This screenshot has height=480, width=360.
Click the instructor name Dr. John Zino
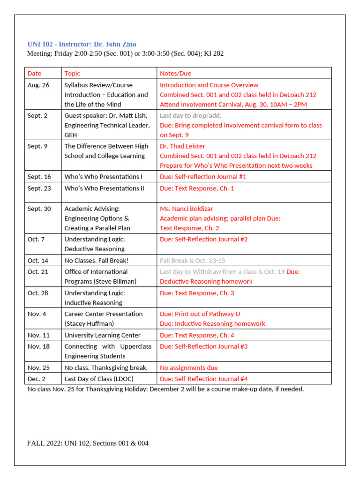pyautogui.click(x=115, y=44)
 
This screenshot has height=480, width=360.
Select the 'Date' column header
pyautogui.click(x=34, y=73)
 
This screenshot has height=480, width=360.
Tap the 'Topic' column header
pyautogui.click(x=72, y=73)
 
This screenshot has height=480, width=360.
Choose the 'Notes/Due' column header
pyautogui.click(x=175, y=73)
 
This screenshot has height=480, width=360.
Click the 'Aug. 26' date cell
pyautogui.click(x=38, y=85)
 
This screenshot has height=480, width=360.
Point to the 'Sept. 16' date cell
pyautogui.click(x=39, y=177)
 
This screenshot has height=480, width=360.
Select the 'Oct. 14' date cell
pyautogui.click(x=38, y=261)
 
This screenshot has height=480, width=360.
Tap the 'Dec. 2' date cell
pyautogui.click(x=37, y=379)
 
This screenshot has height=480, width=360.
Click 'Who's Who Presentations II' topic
pyautogui.click(x=105, y=188)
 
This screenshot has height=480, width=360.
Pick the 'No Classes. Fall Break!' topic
pyautogui.click(x=96, y=261)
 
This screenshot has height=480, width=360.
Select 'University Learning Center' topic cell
pyautogui.click(x=102, y=335)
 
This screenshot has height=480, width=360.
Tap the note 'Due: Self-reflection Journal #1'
pyautogui.click(x=203, y=177)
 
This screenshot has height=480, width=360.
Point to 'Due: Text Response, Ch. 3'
pyautogui.click(x=197, y=293)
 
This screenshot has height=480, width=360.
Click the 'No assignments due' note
pyautogui.click(x=189, y=367)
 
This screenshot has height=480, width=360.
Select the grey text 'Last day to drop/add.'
pyautogui.click(x=191, y=115)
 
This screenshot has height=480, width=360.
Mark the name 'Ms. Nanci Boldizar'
pyautogui.click(x=187, y=209)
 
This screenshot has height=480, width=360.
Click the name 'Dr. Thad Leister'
pyautogui.click(x=182, y=146)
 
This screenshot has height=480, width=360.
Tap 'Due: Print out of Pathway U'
pyautogui.click(x=200, y=314)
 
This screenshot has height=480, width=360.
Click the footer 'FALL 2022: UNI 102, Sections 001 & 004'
pyautogui.click(x=88, y=443)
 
